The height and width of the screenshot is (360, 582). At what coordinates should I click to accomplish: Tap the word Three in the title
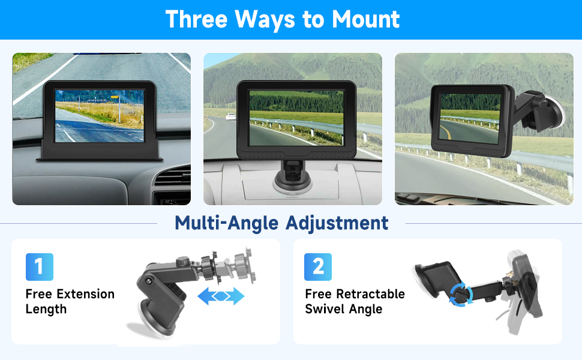tap(196, 19)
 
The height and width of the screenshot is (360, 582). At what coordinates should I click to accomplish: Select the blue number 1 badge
tap(40, 267)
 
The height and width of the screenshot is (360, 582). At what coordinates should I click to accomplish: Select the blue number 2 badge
tap(319, 267)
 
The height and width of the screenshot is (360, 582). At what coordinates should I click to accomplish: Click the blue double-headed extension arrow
tap(221, 296)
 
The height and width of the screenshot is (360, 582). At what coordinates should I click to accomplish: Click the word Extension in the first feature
tap(85, 294)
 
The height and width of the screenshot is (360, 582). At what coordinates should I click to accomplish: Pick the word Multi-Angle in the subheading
tap(227, 223)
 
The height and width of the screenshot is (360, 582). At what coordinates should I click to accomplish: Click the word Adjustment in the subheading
tap(337, 223)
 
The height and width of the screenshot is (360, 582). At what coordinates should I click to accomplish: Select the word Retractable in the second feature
tap(371, 294)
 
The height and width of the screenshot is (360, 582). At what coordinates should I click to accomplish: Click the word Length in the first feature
tap(46, 310)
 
